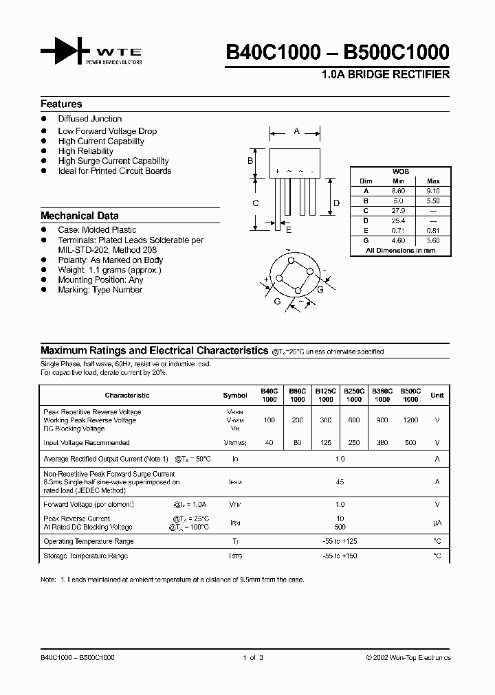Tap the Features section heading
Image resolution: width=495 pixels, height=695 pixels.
click(61, 104)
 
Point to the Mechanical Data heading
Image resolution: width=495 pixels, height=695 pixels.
click(79, 216)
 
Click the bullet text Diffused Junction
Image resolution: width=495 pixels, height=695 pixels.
click(89, 119)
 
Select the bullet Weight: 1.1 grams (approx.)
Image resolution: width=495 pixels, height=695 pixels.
click(109, 270)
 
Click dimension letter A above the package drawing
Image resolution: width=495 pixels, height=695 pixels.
click(296, 130)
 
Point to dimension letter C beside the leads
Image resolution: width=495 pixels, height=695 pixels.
click(255, 203)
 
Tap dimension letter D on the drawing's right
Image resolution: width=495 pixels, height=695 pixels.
click(336, 203)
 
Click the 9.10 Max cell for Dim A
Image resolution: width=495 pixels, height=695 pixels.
click(432, 191)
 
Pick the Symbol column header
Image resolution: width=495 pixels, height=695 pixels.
click(235, 396)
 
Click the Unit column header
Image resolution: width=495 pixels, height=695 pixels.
click(437, 396)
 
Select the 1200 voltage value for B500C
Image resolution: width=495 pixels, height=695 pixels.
click(410, 420)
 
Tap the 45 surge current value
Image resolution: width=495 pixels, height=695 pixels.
click(340, 482)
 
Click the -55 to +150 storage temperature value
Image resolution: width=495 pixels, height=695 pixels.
click(340, 556)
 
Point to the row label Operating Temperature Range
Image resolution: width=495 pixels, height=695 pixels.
click(88, 542)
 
